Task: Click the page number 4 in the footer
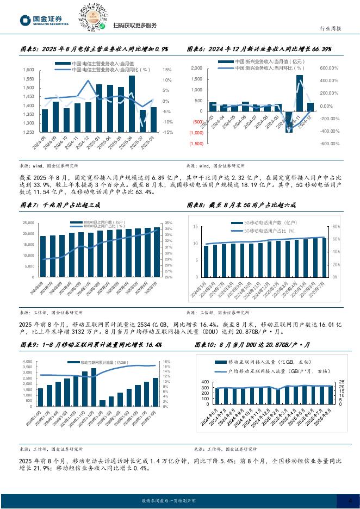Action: [x=350, y=500]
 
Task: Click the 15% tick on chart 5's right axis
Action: [x=167, y=70]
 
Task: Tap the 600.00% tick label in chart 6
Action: [x=330, y=68]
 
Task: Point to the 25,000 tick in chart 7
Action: [x=28, y=224]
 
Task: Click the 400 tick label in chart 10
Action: [x=204, y=382]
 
